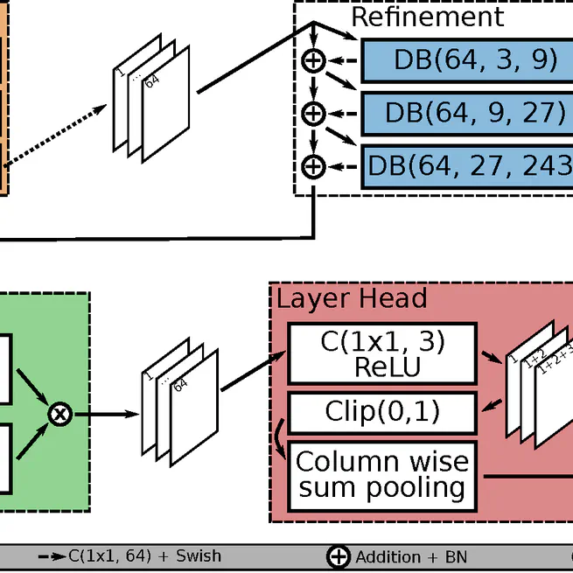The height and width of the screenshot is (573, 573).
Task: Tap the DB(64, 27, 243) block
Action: pyautogui.click(x=468, y=165)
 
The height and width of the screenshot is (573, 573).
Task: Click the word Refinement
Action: pyautogui.click(x=427, y=17)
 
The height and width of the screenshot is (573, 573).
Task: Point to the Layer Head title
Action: pyautogui.click(x=352, y=298)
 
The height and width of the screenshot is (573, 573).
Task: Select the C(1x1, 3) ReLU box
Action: pyautogui.click(x=382, y=353)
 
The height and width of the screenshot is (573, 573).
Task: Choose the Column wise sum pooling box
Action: pyautogui.click(x=381, y=474)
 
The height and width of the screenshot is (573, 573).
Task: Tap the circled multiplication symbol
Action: pyautogui.click(x=59, y=414)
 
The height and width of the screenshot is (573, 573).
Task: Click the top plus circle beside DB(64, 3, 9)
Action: pyautogui.click(x=312, y=60)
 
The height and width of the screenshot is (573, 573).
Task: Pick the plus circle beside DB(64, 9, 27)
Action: pyautogui.click(x=312, y=113)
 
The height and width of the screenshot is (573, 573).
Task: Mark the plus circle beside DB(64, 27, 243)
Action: pyautogui.click(x=312, y=165)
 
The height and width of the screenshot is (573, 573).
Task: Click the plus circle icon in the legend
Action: pyautogui.click(x=338, y=556)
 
